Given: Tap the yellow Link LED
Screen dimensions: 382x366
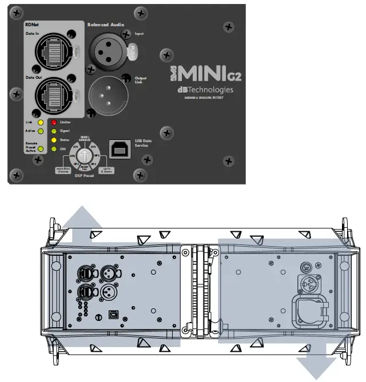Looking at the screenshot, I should [40, 122].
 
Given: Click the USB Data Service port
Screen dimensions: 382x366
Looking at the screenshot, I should [118, 147].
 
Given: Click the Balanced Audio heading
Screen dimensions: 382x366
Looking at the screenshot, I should [105, 25].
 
